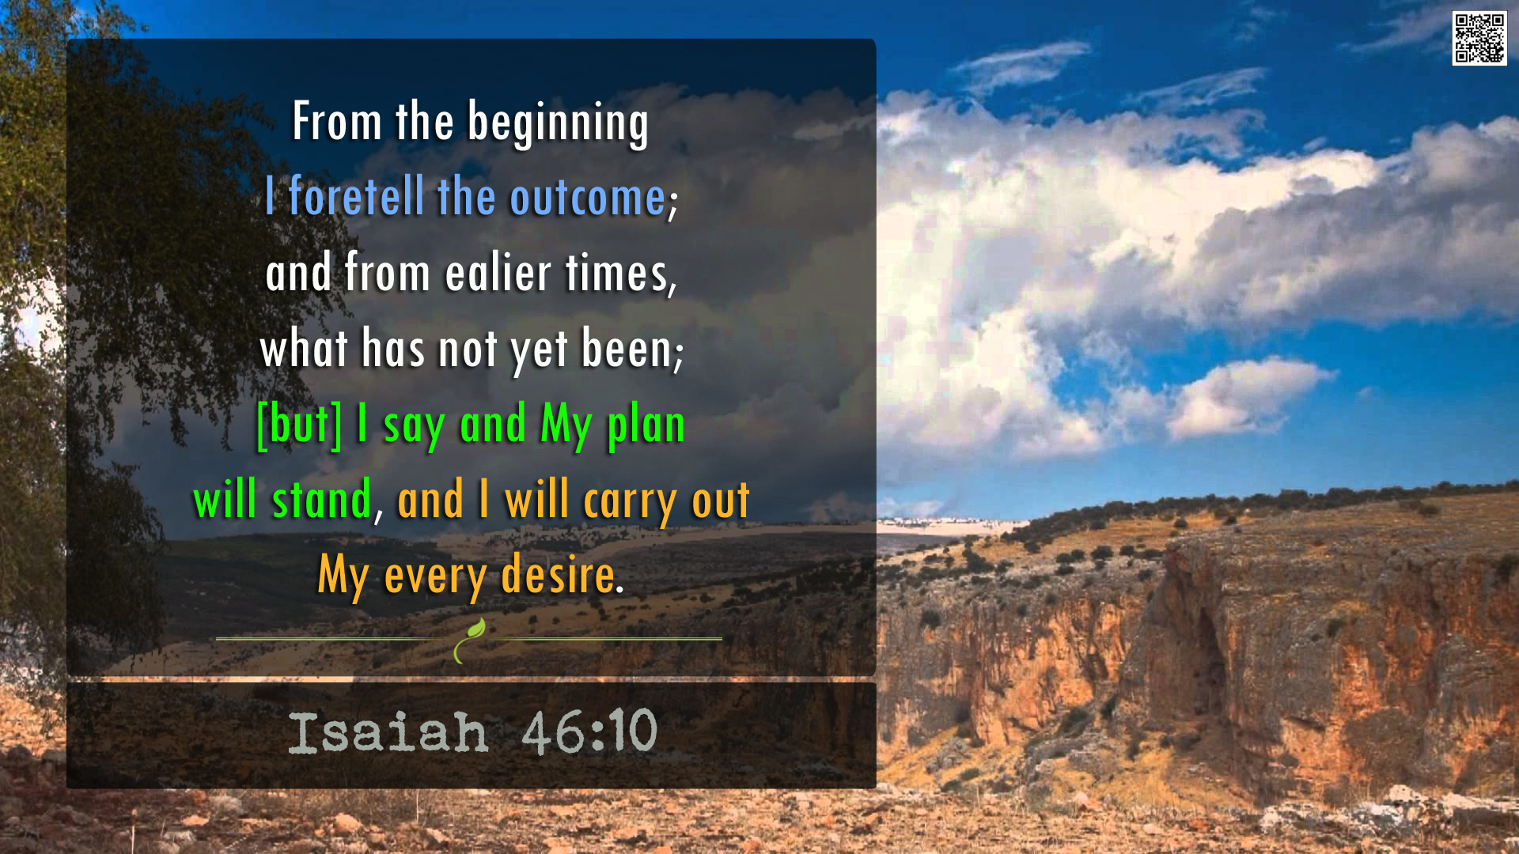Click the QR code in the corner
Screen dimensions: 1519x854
[1479, 38]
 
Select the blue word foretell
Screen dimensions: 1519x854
[356, 195]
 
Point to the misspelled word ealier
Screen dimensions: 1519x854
[498, 272]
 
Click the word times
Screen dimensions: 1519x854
[620, 274]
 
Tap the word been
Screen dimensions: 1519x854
[632, 348]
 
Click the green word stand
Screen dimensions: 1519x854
[321, 499]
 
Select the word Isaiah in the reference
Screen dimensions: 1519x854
[388, 732]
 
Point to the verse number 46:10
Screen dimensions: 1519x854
[589, 731]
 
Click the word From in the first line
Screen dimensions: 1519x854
[338, 122]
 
